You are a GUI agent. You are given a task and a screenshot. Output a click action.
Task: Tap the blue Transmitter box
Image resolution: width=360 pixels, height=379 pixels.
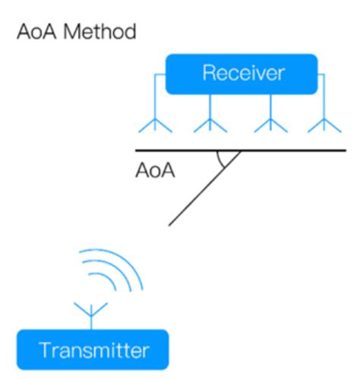coord(93,350)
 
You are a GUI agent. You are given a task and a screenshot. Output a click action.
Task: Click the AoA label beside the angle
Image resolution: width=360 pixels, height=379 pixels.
coord(155,170)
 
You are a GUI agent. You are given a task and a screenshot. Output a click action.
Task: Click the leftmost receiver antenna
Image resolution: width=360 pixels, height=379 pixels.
coord(153,124)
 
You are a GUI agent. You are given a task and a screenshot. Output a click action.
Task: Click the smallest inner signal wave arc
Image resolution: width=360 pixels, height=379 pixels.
coord(106,286)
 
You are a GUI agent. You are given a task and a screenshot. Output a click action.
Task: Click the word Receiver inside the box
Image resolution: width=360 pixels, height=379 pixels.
coord(243,73)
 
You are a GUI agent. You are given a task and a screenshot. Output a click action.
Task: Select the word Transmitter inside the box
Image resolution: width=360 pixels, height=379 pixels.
coord(93,350)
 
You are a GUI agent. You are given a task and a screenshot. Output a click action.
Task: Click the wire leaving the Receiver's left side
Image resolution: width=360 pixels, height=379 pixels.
coord(157,77)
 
